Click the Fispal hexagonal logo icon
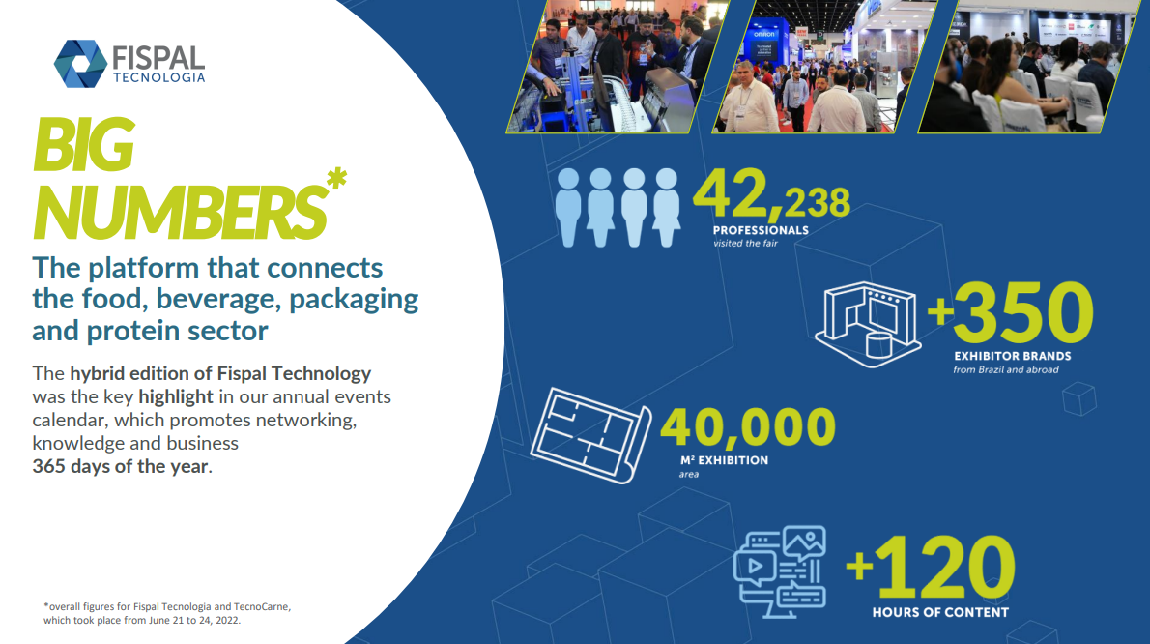80,64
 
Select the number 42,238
771,195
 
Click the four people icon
618,208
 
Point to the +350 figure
1011,312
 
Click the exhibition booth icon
869,324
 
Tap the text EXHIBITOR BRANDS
1012,357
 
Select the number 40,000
748,427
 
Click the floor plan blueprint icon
590,435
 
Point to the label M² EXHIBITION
724,460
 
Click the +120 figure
931,568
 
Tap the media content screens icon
781,571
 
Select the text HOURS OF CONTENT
940,612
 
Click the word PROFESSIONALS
761,230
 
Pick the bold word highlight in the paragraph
176,396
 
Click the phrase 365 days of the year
120,466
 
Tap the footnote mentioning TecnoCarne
167,613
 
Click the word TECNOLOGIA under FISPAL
158,77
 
